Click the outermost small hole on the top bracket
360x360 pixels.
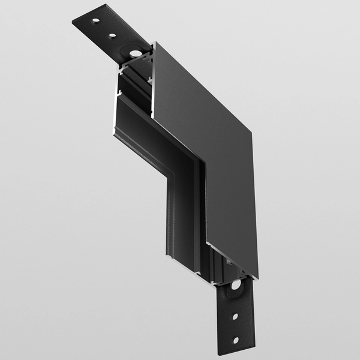[x=95, y=21]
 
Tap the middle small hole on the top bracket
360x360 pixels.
[x=112, y=35]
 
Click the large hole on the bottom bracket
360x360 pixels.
[x=235, y=284]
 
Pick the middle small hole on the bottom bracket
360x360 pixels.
[x=235, y=316]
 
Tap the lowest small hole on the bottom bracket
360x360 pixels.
[x=235, y=340]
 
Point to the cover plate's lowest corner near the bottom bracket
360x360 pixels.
[x=257, y=278]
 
